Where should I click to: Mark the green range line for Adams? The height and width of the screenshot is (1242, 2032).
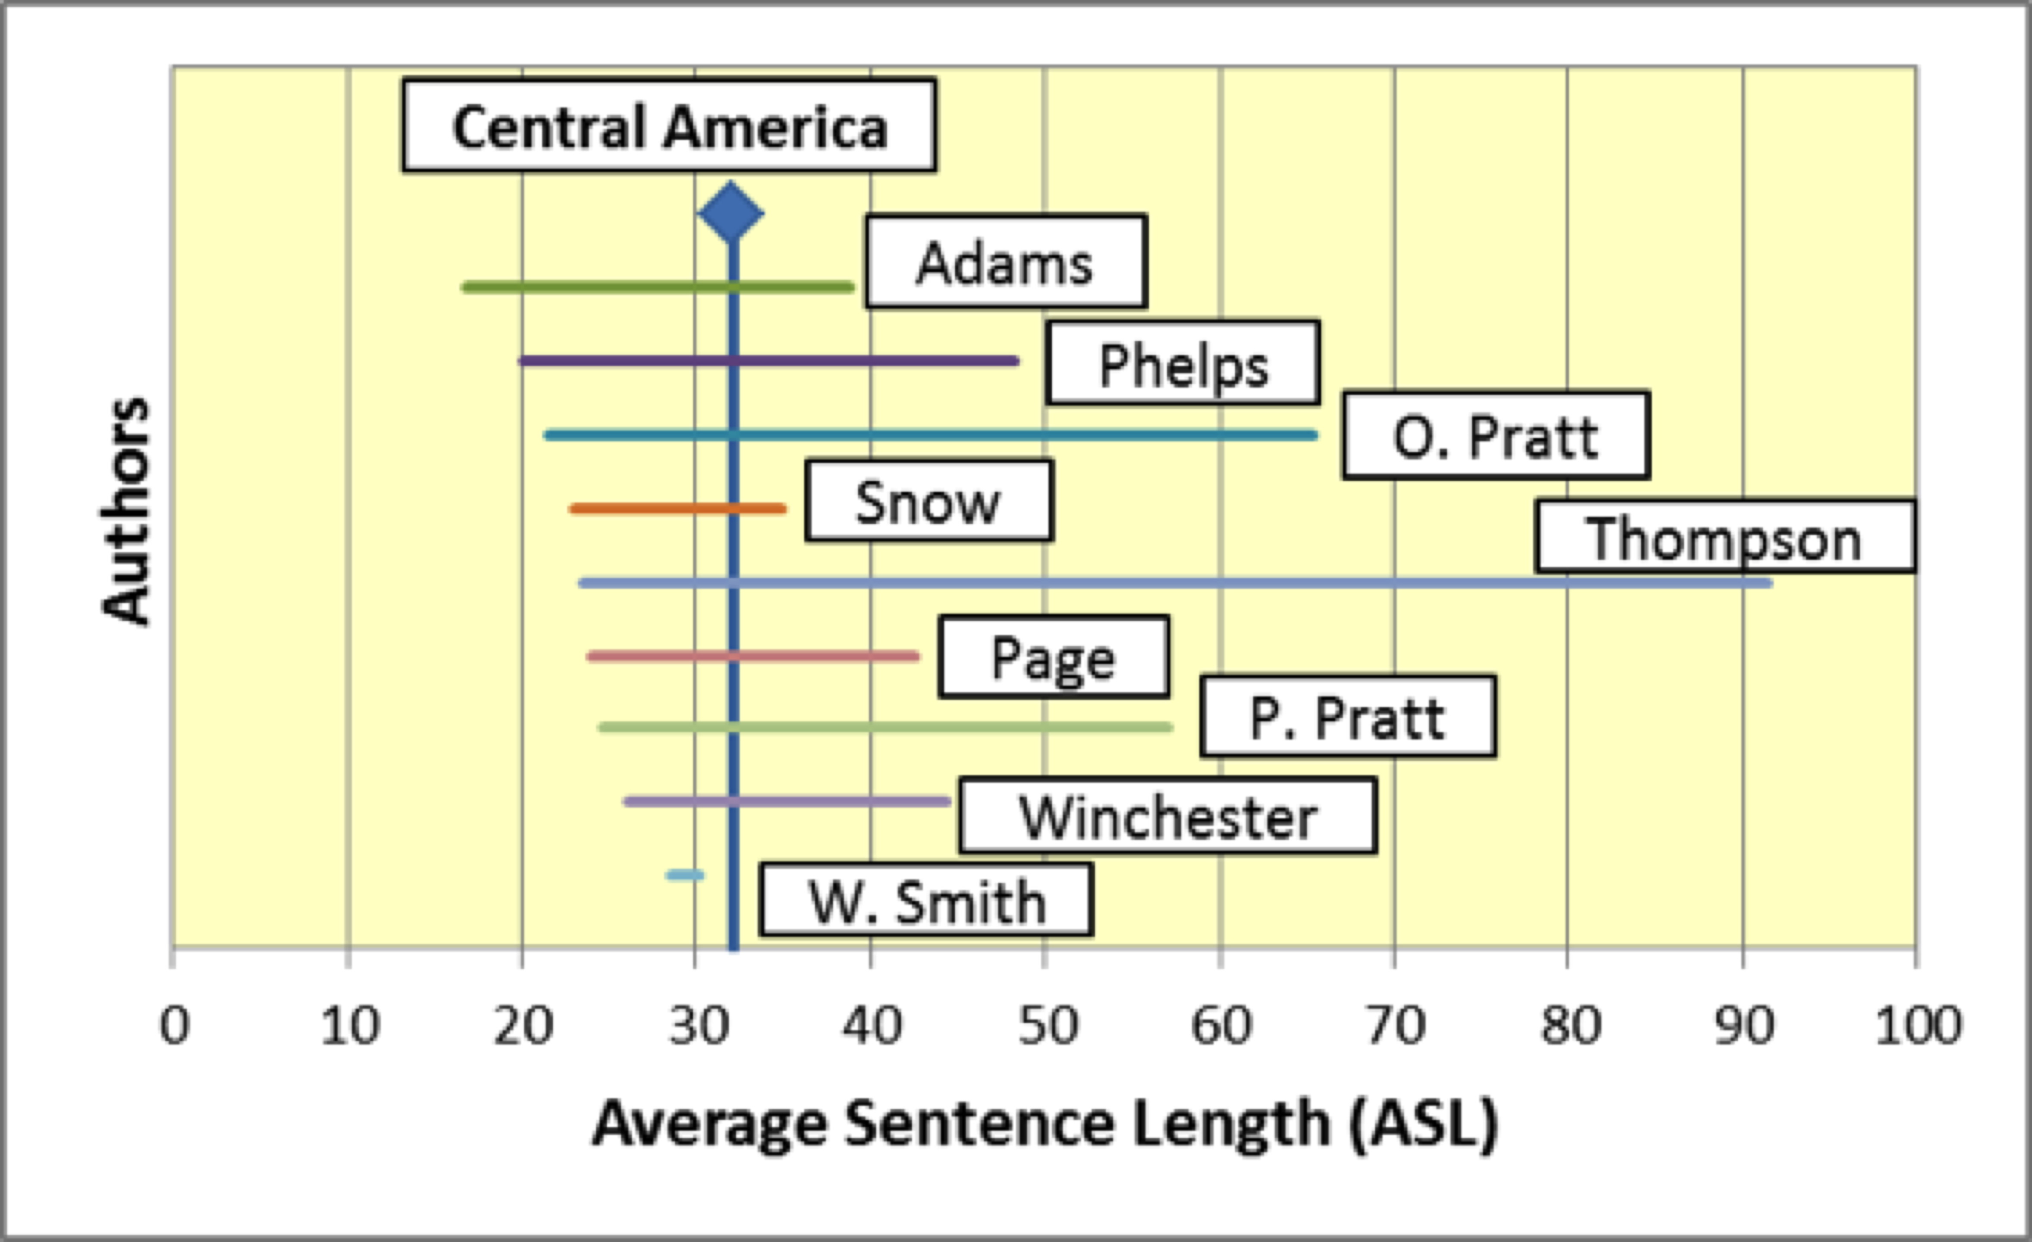click(x=658, y=287)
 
